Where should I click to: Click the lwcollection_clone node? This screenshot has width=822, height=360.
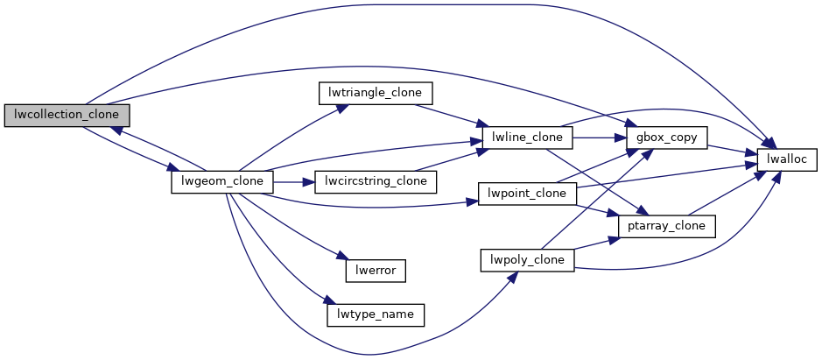[x=67, y=115]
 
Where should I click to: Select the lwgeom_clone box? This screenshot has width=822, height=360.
[x=221, y=182]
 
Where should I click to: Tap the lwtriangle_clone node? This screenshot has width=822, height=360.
[x=376, y=92]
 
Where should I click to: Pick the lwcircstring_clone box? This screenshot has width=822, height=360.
[x=375, y=182]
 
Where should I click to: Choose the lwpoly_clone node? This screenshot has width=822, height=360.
[x=527, y=260]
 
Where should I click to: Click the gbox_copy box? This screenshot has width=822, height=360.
[x=665, y=138]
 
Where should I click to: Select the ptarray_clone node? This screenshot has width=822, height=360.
[x=667, y=226]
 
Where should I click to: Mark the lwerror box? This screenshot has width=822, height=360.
[x=376, y=271]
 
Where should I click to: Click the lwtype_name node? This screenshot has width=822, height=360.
[x=375, y=313]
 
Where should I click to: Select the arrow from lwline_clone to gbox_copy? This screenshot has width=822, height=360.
[x=599, y=138]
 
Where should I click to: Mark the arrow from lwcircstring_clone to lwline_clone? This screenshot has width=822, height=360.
[x=446, y=161]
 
